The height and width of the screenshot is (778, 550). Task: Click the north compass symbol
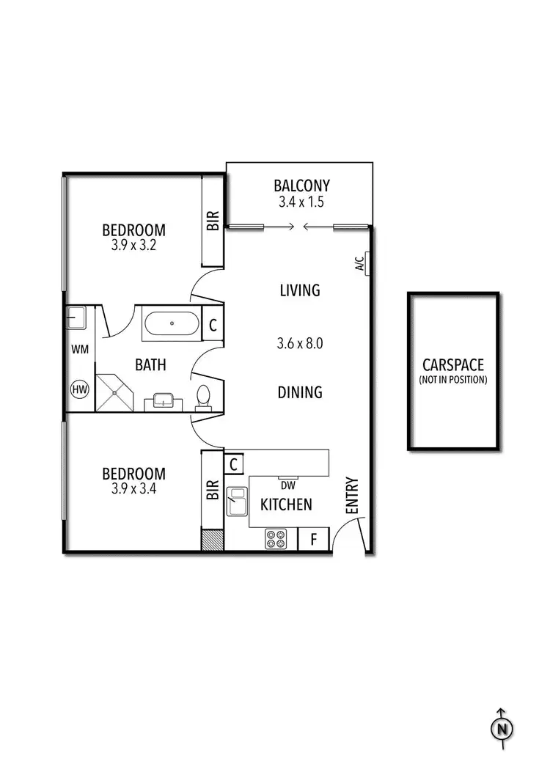[x=502, y=729]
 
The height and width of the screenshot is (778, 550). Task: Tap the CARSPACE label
[x=454, y=365]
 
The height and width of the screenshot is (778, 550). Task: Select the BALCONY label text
[x=301, y=186]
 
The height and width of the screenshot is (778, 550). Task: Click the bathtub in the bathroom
[x=171, y=324]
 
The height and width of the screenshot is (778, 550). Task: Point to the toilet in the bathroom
[x=203, y=396]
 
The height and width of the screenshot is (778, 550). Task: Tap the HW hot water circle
[x=79, y=390]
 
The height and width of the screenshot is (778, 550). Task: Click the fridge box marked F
[x=313, y=540]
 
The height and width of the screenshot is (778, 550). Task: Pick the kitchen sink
[x=238, y=502]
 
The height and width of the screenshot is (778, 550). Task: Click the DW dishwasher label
[x=287, y=485]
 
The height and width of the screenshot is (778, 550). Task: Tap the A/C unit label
[x=360, y=263]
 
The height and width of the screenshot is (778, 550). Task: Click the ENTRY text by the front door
[x=352, y=495]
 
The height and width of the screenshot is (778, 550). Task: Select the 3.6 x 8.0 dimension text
[x=300, y=342]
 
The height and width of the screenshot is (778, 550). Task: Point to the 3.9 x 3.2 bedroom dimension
[x=133, y=246]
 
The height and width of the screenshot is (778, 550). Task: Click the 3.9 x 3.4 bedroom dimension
[x=133, y=489]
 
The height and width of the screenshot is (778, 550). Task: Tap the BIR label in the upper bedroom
[x=213, y=221]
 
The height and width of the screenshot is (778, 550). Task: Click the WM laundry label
[x=79, y=350]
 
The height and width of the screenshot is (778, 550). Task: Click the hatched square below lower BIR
[x=213, y=540]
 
